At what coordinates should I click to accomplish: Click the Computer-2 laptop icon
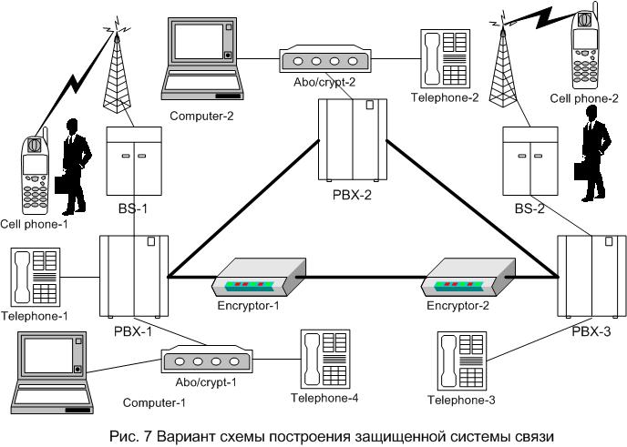click(201, 56)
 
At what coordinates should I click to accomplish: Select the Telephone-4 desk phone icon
click(324, 360)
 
